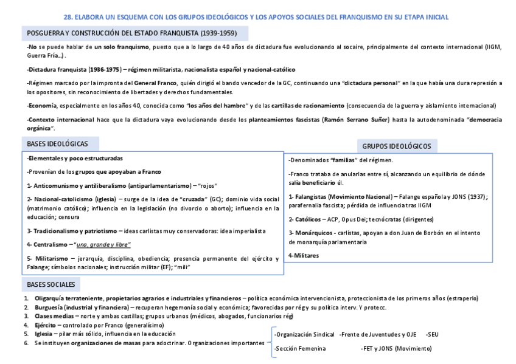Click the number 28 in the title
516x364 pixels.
68,18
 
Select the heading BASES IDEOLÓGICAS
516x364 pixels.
58,144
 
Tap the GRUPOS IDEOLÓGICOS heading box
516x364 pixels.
396,146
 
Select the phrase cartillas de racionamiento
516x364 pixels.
295,105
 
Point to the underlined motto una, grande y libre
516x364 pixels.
102,244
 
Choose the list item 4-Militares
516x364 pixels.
304,255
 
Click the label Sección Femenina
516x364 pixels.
300,349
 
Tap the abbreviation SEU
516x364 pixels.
433,334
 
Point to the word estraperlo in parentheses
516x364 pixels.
459,298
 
